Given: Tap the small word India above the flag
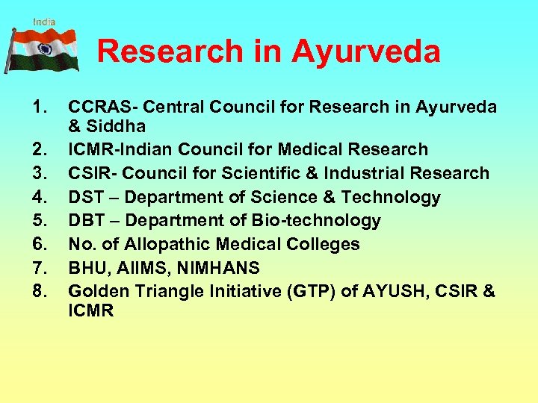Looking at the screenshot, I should click(44, 22).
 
